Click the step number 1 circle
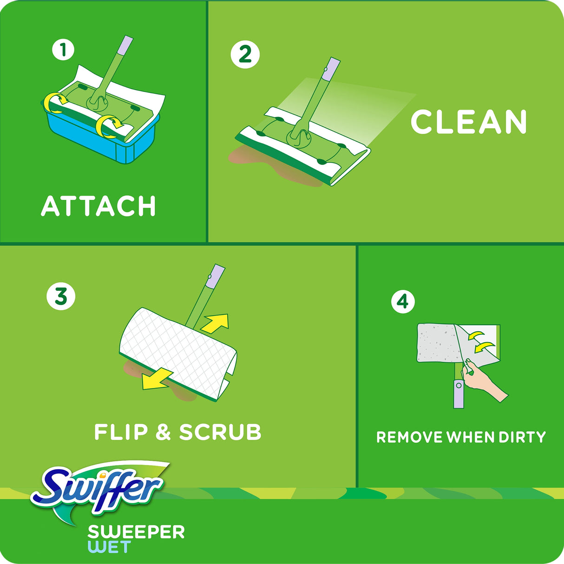click(x=63, y=49)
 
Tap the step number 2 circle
click(x=245, y=55)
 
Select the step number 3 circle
click(x=61, y=296)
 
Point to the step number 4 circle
click(x=402, y=302)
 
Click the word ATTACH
click(x=98, y=206)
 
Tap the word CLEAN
click(x=469, y=122)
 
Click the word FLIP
click(x=121, y=432)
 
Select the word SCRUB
click(x=220, y=432)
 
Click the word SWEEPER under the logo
click(x=136, y=532)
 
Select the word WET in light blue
click(x=109, y=547)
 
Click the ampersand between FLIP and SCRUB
click(x=163, y=433)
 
